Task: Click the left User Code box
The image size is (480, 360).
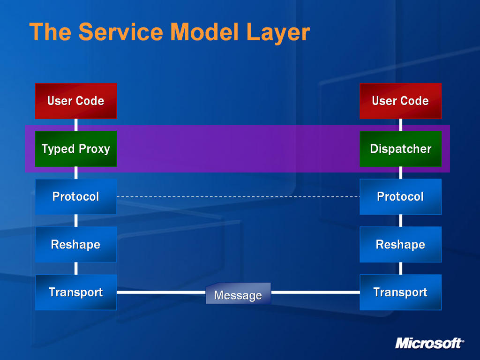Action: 76,101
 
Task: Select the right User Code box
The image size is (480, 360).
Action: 400,101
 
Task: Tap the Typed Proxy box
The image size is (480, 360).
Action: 76,149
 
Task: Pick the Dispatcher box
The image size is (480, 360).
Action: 400,149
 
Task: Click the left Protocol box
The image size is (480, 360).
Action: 76,196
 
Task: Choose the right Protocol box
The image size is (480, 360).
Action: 400,196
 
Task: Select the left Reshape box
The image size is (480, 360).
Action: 76,244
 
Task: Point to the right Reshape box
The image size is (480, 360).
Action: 400,244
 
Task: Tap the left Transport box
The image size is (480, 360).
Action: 76,292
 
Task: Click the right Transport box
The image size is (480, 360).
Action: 400,292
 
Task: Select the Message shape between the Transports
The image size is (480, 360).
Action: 238,293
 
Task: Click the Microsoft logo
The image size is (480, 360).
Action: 429,343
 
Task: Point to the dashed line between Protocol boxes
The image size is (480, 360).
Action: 238,196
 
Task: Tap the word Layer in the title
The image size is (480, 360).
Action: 278,33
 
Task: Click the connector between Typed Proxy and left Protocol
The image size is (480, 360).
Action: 76,173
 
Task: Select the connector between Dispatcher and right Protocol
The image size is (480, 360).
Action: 400,173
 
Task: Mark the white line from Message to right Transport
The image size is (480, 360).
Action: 315,292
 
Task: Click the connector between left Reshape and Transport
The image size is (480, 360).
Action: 76,269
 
